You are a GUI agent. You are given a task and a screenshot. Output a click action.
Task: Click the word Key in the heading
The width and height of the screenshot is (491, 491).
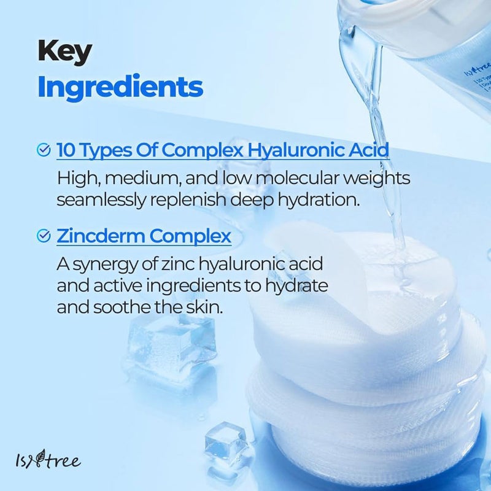pos(64,52)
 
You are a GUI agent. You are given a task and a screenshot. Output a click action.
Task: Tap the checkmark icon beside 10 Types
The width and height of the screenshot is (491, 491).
pos(44,150)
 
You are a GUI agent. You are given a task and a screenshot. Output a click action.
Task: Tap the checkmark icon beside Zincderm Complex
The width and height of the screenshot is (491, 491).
pos(44,236)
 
